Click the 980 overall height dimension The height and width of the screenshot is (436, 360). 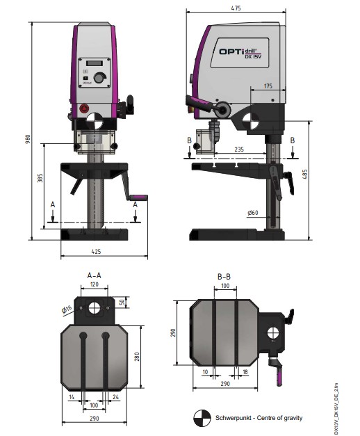[27, 139]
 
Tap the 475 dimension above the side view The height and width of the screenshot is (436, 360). [236, 8]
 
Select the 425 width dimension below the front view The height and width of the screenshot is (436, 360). [96, 251]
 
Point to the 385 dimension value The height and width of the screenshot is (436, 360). [40, 178]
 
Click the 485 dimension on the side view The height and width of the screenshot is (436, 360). [305, 174]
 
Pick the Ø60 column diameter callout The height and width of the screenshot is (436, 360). [253, 213]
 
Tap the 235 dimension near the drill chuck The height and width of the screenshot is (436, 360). [239, 150]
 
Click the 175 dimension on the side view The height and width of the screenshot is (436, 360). [268, 86]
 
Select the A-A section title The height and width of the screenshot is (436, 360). [95, 275]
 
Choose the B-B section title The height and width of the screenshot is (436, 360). [224, 277]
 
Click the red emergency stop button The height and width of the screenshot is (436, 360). [84, 108]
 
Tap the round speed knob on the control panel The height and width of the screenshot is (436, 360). [100, 78]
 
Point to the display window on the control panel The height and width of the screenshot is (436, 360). [95, 63]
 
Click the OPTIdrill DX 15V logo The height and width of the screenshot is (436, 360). [240, 53]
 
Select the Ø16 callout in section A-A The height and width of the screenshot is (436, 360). [67, 309]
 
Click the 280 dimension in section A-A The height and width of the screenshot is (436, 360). [137, 357]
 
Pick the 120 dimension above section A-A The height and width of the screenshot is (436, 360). [95, 284]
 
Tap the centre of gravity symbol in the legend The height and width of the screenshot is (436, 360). [202, 418]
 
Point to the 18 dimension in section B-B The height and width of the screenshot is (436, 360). [245, 372]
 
